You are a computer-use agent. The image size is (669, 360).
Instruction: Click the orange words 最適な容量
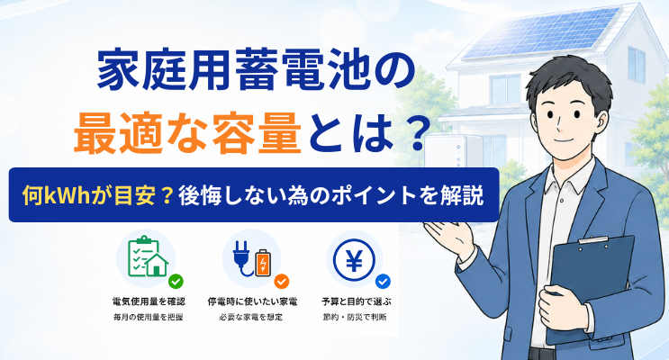187,133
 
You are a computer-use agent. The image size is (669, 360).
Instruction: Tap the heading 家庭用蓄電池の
256,69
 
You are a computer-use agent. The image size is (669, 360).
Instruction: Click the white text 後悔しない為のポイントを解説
331,195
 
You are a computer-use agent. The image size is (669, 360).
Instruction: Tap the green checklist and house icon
147,256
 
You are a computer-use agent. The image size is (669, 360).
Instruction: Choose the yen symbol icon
354,259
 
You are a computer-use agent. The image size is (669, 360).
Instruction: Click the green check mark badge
176,281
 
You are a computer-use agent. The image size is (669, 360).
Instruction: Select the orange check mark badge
281,281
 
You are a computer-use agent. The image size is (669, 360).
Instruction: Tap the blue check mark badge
383,281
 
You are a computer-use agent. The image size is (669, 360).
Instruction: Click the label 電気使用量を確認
149,301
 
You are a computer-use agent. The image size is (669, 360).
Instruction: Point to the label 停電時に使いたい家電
252,301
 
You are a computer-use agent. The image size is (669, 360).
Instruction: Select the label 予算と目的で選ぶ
356,301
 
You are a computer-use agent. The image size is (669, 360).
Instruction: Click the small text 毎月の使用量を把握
148,317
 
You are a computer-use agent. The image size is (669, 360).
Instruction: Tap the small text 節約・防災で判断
355,317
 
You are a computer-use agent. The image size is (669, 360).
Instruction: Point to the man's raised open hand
448,238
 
